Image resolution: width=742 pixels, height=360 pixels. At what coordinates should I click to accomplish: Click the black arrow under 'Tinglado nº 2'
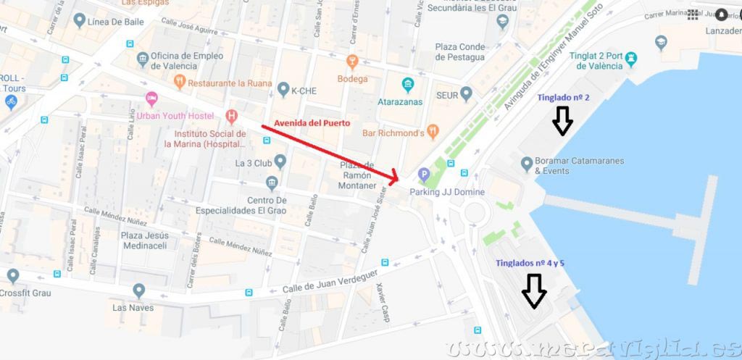tap(562, 121)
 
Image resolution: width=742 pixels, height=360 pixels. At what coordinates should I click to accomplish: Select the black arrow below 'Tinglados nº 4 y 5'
tap(534, 290)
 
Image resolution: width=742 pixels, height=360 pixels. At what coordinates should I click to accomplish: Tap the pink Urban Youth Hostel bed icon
tap(151, 99)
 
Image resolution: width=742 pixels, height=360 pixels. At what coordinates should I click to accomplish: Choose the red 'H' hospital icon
tap(231, 116)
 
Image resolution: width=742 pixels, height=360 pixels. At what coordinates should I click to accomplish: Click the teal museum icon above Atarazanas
tap(408, 85)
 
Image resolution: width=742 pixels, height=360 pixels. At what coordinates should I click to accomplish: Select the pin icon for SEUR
tap(466, 93)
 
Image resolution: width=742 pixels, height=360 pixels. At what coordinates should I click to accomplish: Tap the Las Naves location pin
tap(138, 290)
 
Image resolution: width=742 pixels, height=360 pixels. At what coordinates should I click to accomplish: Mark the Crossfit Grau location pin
tap(12, 276)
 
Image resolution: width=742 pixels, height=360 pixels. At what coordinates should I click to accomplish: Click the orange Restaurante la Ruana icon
tap(180, 81)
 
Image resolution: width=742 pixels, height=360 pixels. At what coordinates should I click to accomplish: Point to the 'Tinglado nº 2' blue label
tap(563, 98)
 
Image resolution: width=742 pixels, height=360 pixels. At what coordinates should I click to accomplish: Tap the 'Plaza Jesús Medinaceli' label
tap(145, 240)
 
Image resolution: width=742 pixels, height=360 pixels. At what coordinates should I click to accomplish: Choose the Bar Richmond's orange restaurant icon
tap(433, 132)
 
